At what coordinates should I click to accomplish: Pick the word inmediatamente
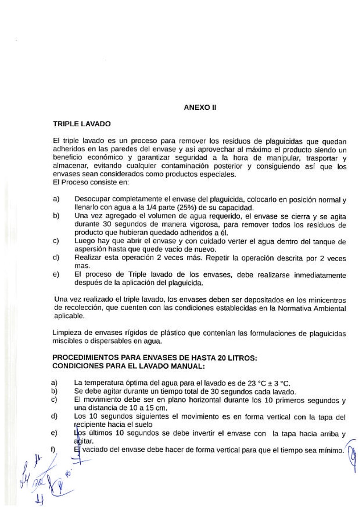316,275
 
